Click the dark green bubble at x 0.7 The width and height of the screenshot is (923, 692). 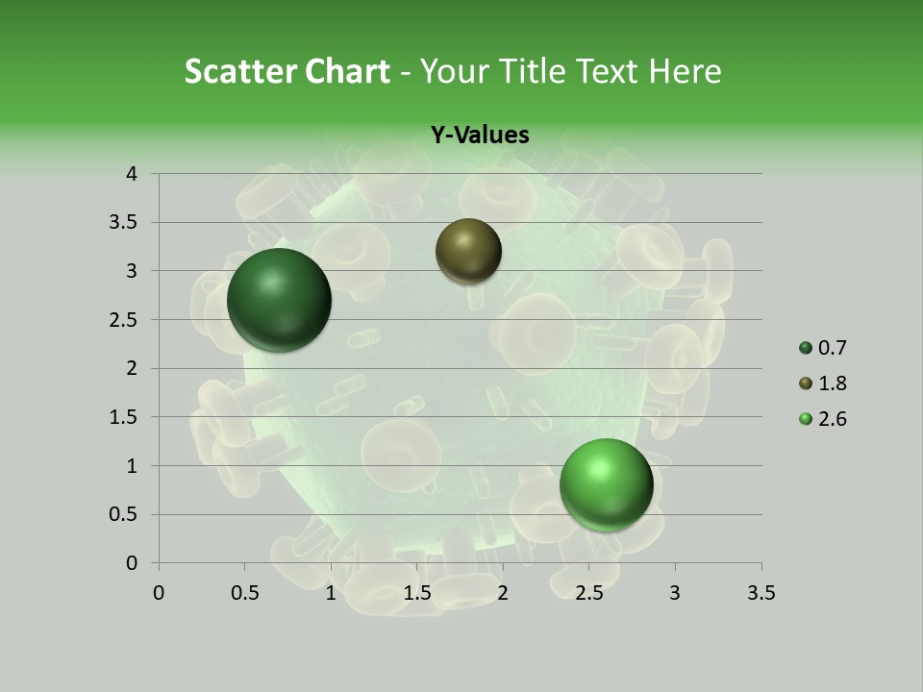[280, 300]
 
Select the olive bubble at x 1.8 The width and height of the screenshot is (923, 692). [468, 251]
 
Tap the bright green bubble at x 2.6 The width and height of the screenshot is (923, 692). [606, 484]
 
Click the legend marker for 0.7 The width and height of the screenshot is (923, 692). [806, 348]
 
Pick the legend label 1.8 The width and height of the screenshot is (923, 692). [832, 383]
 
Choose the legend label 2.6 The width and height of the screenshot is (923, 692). [832, 419]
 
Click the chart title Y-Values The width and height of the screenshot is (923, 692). [480, 135]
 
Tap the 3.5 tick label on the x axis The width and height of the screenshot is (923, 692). [761, 593]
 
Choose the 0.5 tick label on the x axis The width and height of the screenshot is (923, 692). [244, 593]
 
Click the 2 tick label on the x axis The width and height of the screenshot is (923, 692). [503, 593]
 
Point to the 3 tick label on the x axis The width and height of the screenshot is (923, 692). [675, 593]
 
